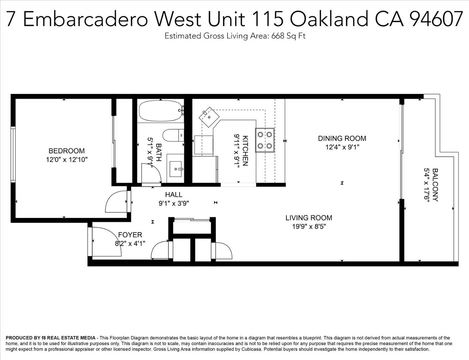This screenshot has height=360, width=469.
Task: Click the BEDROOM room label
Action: coord(66,151)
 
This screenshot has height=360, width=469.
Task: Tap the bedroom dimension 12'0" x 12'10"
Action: coord(66,160)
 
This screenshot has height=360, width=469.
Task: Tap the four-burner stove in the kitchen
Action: coord(265,140)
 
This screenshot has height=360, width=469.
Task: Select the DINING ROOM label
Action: coord(342,138)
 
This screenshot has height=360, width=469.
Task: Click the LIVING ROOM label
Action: coord(309,218)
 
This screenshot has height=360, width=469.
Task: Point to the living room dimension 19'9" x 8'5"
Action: coord(309,227)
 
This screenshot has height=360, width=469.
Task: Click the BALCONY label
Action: coord(435,185)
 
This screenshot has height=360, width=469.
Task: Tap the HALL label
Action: coord(174,195)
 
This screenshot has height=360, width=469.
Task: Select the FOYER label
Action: coord(130,235)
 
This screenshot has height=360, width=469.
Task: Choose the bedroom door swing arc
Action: coord(116,202)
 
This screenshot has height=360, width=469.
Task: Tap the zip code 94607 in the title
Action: coord(436,19)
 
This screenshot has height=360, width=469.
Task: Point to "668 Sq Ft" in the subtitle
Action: coord(288,36)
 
